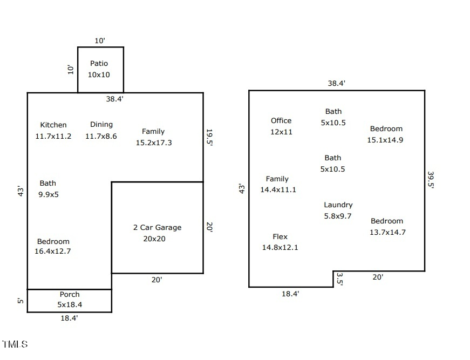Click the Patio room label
pos(99,64)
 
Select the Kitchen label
pos(53,125)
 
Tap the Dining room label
pos(101,125)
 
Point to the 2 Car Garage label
pos(157,228)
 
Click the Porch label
pos(70,295)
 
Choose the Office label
pos(281,121)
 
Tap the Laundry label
pos(338,205)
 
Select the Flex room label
pos(280,237)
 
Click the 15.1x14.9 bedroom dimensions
pos(385,140)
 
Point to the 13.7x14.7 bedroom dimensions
pos(387,233)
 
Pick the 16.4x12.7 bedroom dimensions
pos(53,251)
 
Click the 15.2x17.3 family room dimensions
pos(154,143)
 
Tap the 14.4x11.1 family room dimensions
pos(278,190)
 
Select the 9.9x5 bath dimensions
pos(49,194)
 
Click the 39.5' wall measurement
pos(431,180)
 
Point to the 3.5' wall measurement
pos(339,279)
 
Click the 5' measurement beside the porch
pos(20,301)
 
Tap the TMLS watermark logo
pos(15,344)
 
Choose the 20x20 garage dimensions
pos(154,239)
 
